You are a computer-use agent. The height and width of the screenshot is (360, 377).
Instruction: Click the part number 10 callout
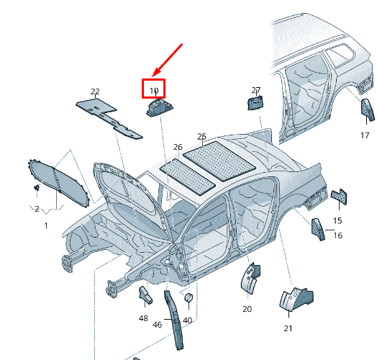[154, 91]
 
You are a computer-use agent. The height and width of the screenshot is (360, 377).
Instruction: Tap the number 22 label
[95, 91]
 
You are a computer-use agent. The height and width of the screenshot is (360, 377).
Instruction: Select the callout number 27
[256, 90]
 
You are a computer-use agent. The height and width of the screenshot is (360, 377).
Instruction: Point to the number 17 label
[365, 135]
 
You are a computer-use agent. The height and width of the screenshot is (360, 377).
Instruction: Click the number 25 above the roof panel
[201, 137]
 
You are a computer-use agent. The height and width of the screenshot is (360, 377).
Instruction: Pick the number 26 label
[178, 147]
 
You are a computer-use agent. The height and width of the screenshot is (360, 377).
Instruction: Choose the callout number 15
[337, 220]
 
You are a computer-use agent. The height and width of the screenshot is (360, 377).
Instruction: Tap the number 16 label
[338, 235]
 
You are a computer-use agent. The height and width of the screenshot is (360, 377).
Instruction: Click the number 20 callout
[247, 309]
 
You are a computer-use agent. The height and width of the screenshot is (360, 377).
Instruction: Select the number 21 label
[288, 328]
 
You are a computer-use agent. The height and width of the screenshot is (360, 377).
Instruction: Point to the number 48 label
[143, 318]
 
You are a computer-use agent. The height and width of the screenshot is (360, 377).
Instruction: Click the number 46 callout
[157, 325]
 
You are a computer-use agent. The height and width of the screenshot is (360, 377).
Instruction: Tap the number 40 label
[187, 320]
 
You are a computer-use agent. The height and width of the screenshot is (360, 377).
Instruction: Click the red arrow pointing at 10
[168, 60]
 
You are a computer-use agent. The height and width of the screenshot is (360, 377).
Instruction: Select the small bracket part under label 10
[160, 107]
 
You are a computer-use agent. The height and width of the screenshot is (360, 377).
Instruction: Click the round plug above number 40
[188, 297]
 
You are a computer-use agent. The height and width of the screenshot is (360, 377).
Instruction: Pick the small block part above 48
[145, 295]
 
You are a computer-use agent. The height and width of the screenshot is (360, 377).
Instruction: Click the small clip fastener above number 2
[37, 187]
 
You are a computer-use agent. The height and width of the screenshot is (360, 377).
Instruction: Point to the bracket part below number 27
[255, 103]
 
